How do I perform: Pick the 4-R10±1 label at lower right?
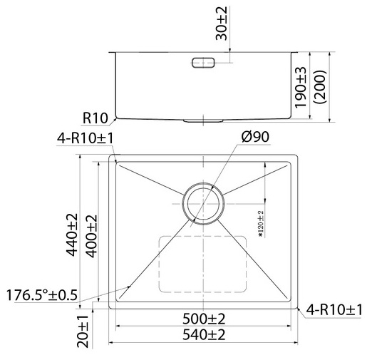tap(334, 309)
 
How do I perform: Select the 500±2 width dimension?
tap(205, 318)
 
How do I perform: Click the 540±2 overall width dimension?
tap(205, 334)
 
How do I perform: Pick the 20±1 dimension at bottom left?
tap(83, 334)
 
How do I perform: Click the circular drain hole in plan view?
tap(204, 203)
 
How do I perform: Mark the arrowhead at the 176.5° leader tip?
tap(129, 287)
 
